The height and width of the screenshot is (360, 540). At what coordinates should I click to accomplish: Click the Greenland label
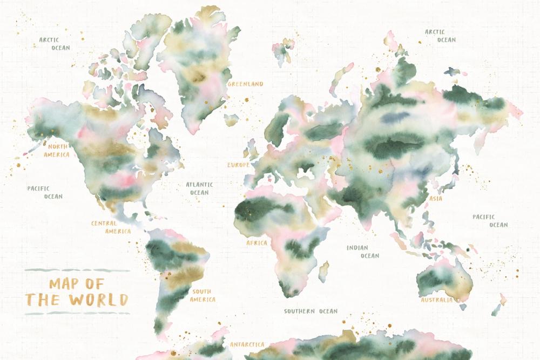click(x=246, y=84)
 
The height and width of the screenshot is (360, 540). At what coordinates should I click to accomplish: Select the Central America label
click(x=111, y=227)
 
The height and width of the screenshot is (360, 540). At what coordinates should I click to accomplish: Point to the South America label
click(x=203, y=295)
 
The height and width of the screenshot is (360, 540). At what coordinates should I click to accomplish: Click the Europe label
click(x=238, y=165)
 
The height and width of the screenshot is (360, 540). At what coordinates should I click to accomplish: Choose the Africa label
click(x=257, y=243)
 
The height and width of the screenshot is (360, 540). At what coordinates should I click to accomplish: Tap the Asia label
click(x=436, y=199)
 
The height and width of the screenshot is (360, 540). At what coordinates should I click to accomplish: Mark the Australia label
click(x=437, y=300)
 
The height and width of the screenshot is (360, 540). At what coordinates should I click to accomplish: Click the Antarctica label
click(x=247, y=344)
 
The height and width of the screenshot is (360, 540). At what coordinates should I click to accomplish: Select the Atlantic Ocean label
click(x=199, y=188)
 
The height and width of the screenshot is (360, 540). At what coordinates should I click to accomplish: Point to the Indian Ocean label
click(x=362, y=252)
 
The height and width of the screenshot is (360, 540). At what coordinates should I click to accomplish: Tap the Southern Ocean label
click(x=311, y=311)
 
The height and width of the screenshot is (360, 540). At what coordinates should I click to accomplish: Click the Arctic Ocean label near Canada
click(x=54, y=43)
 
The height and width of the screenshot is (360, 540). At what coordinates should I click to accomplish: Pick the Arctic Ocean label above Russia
click(x=440, y=36)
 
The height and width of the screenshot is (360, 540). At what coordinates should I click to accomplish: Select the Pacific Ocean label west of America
click(x=45, y=192)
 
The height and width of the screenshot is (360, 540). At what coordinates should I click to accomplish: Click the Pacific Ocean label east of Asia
click(x=490, y=221)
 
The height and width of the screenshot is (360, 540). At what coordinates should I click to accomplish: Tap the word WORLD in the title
click(x=93, y=300)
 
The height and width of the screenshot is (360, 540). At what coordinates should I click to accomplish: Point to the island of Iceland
click(x=231, y=120)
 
